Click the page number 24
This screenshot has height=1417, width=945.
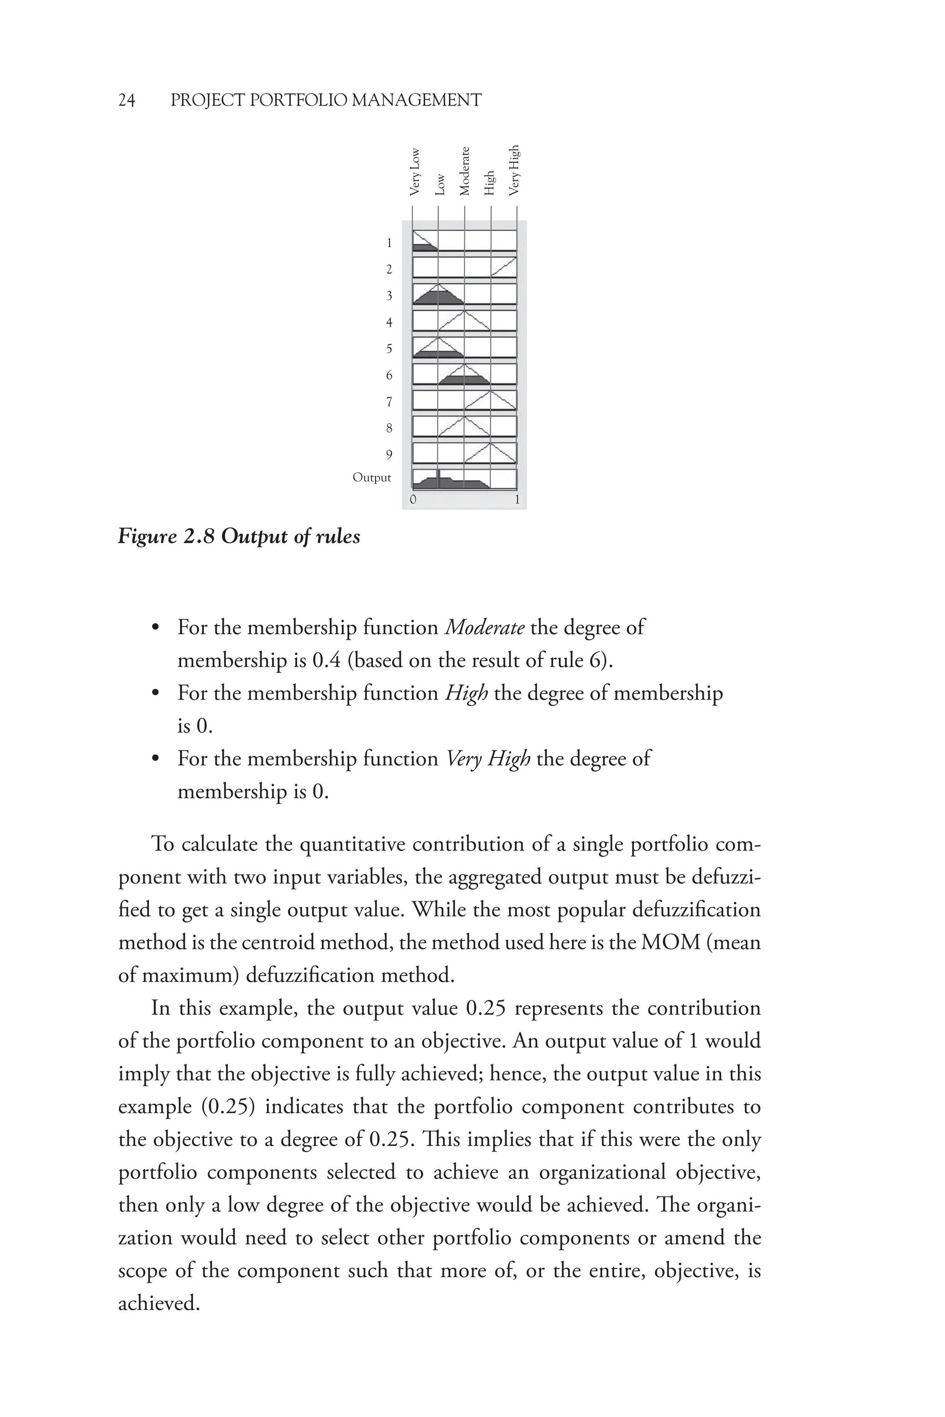[126, 100]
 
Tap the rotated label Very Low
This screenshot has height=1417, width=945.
[415, 172]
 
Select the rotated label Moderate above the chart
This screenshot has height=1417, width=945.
[464, 171]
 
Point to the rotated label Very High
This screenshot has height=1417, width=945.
[514, 170]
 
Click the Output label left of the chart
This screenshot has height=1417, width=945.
[371, 478]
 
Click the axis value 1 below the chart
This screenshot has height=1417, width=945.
[516, 500]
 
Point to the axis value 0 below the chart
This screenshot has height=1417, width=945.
[413, 500]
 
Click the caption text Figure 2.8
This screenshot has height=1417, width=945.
[166, 536]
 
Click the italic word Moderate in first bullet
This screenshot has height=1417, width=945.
[484, 628]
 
